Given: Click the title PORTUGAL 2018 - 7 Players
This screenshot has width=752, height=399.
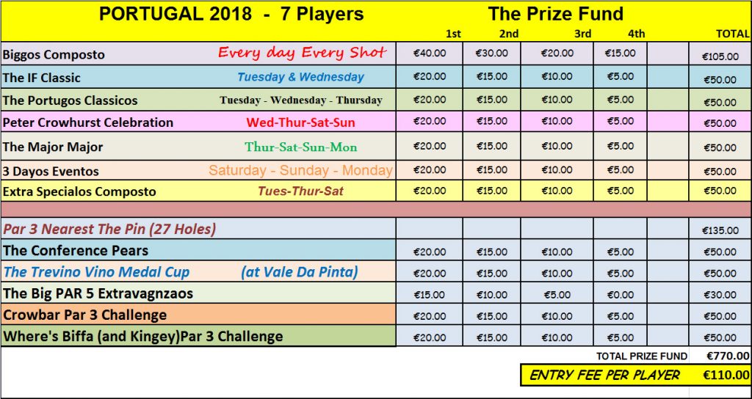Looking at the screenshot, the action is coord(231,14).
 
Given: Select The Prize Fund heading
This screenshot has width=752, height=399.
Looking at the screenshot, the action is coord(555,14).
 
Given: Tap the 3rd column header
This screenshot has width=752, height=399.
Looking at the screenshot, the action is coord(582,34).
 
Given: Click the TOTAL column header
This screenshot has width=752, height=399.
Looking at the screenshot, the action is coord(732,34).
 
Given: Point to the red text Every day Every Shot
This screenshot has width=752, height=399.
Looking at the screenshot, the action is coord(302,53).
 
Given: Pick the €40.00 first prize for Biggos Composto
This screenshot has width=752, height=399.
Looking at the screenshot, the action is coord(430,53).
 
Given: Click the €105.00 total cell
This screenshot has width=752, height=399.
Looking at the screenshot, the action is coord(720,56).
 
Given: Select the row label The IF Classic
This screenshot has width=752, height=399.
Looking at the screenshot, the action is coord(42,78).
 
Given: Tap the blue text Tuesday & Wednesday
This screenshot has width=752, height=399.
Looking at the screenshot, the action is coord(300,76).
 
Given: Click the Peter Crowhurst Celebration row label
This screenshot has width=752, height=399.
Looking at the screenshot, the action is coord(88,122).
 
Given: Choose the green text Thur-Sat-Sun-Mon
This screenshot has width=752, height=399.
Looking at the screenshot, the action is coord(300,147).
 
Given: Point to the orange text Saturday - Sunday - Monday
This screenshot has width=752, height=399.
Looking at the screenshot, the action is coord(300,170).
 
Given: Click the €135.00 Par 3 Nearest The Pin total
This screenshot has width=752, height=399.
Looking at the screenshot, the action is coord(720,230).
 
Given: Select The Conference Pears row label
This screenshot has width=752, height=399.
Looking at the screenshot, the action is coord(76,251).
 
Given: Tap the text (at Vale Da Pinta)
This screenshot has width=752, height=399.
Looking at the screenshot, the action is coord(300,272).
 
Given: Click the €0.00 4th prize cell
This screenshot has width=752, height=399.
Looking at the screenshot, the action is coord(620,295).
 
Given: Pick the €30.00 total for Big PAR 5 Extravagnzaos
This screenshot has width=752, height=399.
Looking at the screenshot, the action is coord(720,295).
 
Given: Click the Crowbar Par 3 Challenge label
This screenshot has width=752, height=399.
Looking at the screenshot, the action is coord(85,315).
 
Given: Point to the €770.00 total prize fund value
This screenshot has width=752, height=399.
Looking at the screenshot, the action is coord(728,356).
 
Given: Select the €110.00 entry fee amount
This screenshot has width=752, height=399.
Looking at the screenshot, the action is coord(726,375).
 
